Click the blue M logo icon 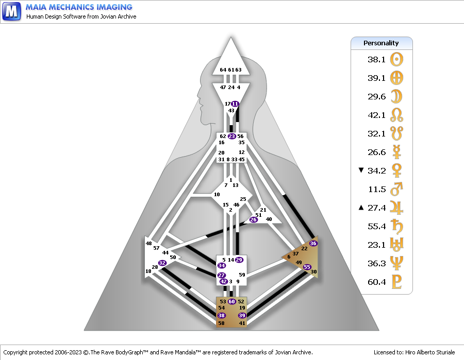click(x=11, y=11)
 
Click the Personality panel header click(x=382, y=43)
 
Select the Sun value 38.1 click(x=376, y=59)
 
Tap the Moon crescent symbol click(x=396, y=96)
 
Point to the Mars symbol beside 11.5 click(x=396, y=189)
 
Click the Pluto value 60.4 click(x=376, y=282)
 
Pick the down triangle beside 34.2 click(x=361, y=170)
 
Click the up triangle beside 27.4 click(x=361, y=208)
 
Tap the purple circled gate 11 click(x=235, y=104)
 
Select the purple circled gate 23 click(x=231, y=136)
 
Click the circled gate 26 click(x=253, y=219)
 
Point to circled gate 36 click(x=313, y=243)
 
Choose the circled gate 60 click(x=231, y=301)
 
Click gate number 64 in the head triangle click(x=223, y=70)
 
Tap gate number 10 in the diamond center click(x=217, y=195)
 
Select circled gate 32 click(x=162, y=263)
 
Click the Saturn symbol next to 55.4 click(x=396, y=226)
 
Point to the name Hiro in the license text click(x=410, y=352)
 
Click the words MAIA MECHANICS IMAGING click(x=79, y=7)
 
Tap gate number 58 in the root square click(x=221, y=323)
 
